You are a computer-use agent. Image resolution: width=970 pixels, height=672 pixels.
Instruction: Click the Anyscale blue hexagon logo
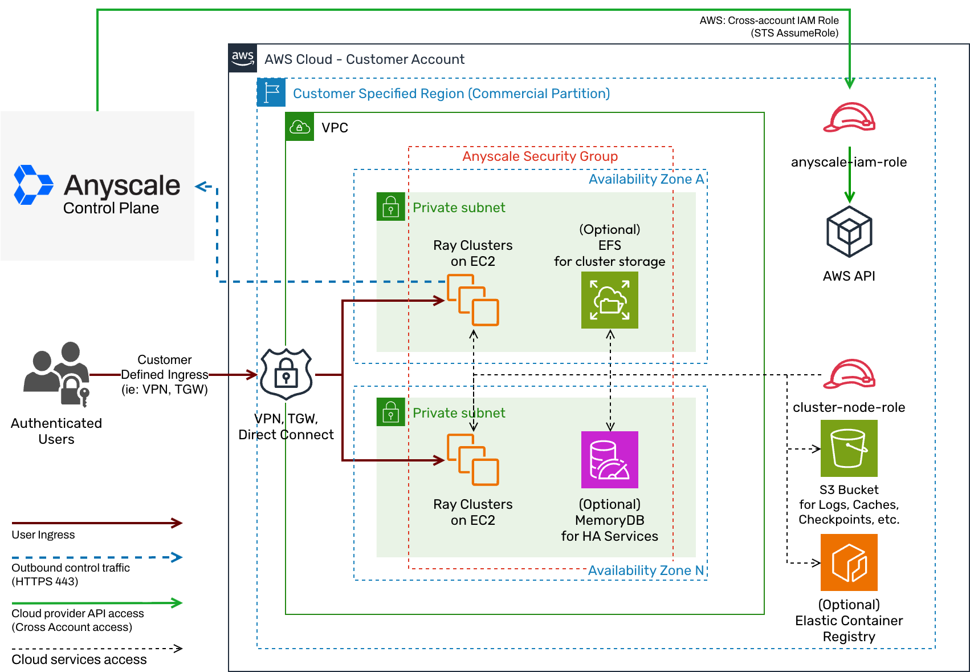point(33,185)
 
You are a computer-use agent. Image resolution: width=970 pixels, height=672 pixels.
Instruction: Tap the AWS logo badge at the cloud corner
point(243,58)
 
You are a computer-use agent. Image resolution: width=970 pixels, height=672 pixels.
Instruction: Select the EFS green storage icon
point(609,300)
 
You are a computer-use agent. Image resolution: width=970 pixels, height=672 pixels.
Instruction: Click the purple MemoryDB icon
point(609,460)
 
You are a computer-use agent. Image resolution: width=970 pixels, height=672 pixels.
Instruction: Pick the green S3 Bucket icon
point(849,448)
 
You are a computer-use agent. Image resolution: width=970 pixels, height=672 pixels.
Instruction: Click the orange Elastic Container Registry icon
point(849,562)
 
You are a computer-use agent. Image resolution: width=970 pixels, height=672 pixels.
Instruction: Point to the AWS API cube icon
point(849,232)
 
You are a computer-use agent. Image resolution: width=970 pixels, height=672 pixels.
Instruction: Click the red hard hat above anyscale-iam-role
point(849,118)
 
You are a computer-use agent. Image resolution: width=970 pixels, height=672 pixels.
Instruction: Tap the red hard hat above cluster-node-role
point(849,374)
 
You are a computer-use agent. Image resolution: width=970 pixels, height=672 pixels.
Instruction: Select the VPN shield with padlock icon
point(286,374)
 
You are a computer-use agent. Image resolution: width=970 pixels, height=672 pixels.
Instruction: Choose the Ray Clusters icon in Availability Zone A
point(472,300)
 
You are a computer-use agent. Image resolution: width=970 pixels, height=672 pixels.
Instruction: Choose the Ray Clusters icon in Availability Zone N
point(472,460)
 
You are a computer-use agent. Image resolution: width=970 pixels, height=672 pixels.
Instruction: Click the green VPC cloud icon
point(300,127)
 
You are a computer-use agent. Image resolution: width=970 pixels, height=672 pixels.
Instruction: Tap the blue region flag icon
point(271,92)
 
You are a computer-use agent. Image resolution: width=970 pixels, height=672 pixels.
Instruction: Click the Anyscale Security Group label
point(540,156)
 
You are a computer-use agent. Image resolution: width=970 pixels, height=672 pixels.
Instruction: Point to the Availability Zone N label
point(646,570)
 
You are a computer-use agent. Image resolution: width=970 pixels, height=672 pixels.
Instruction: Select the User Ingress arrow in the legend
point(97,523)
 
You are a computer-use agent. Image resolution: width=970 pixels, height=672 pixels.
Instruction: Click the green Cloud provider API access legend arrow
point(97,602)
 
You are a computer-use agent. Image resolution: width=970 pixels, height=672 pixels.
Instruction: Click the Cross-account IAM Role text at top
point(769,21)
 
